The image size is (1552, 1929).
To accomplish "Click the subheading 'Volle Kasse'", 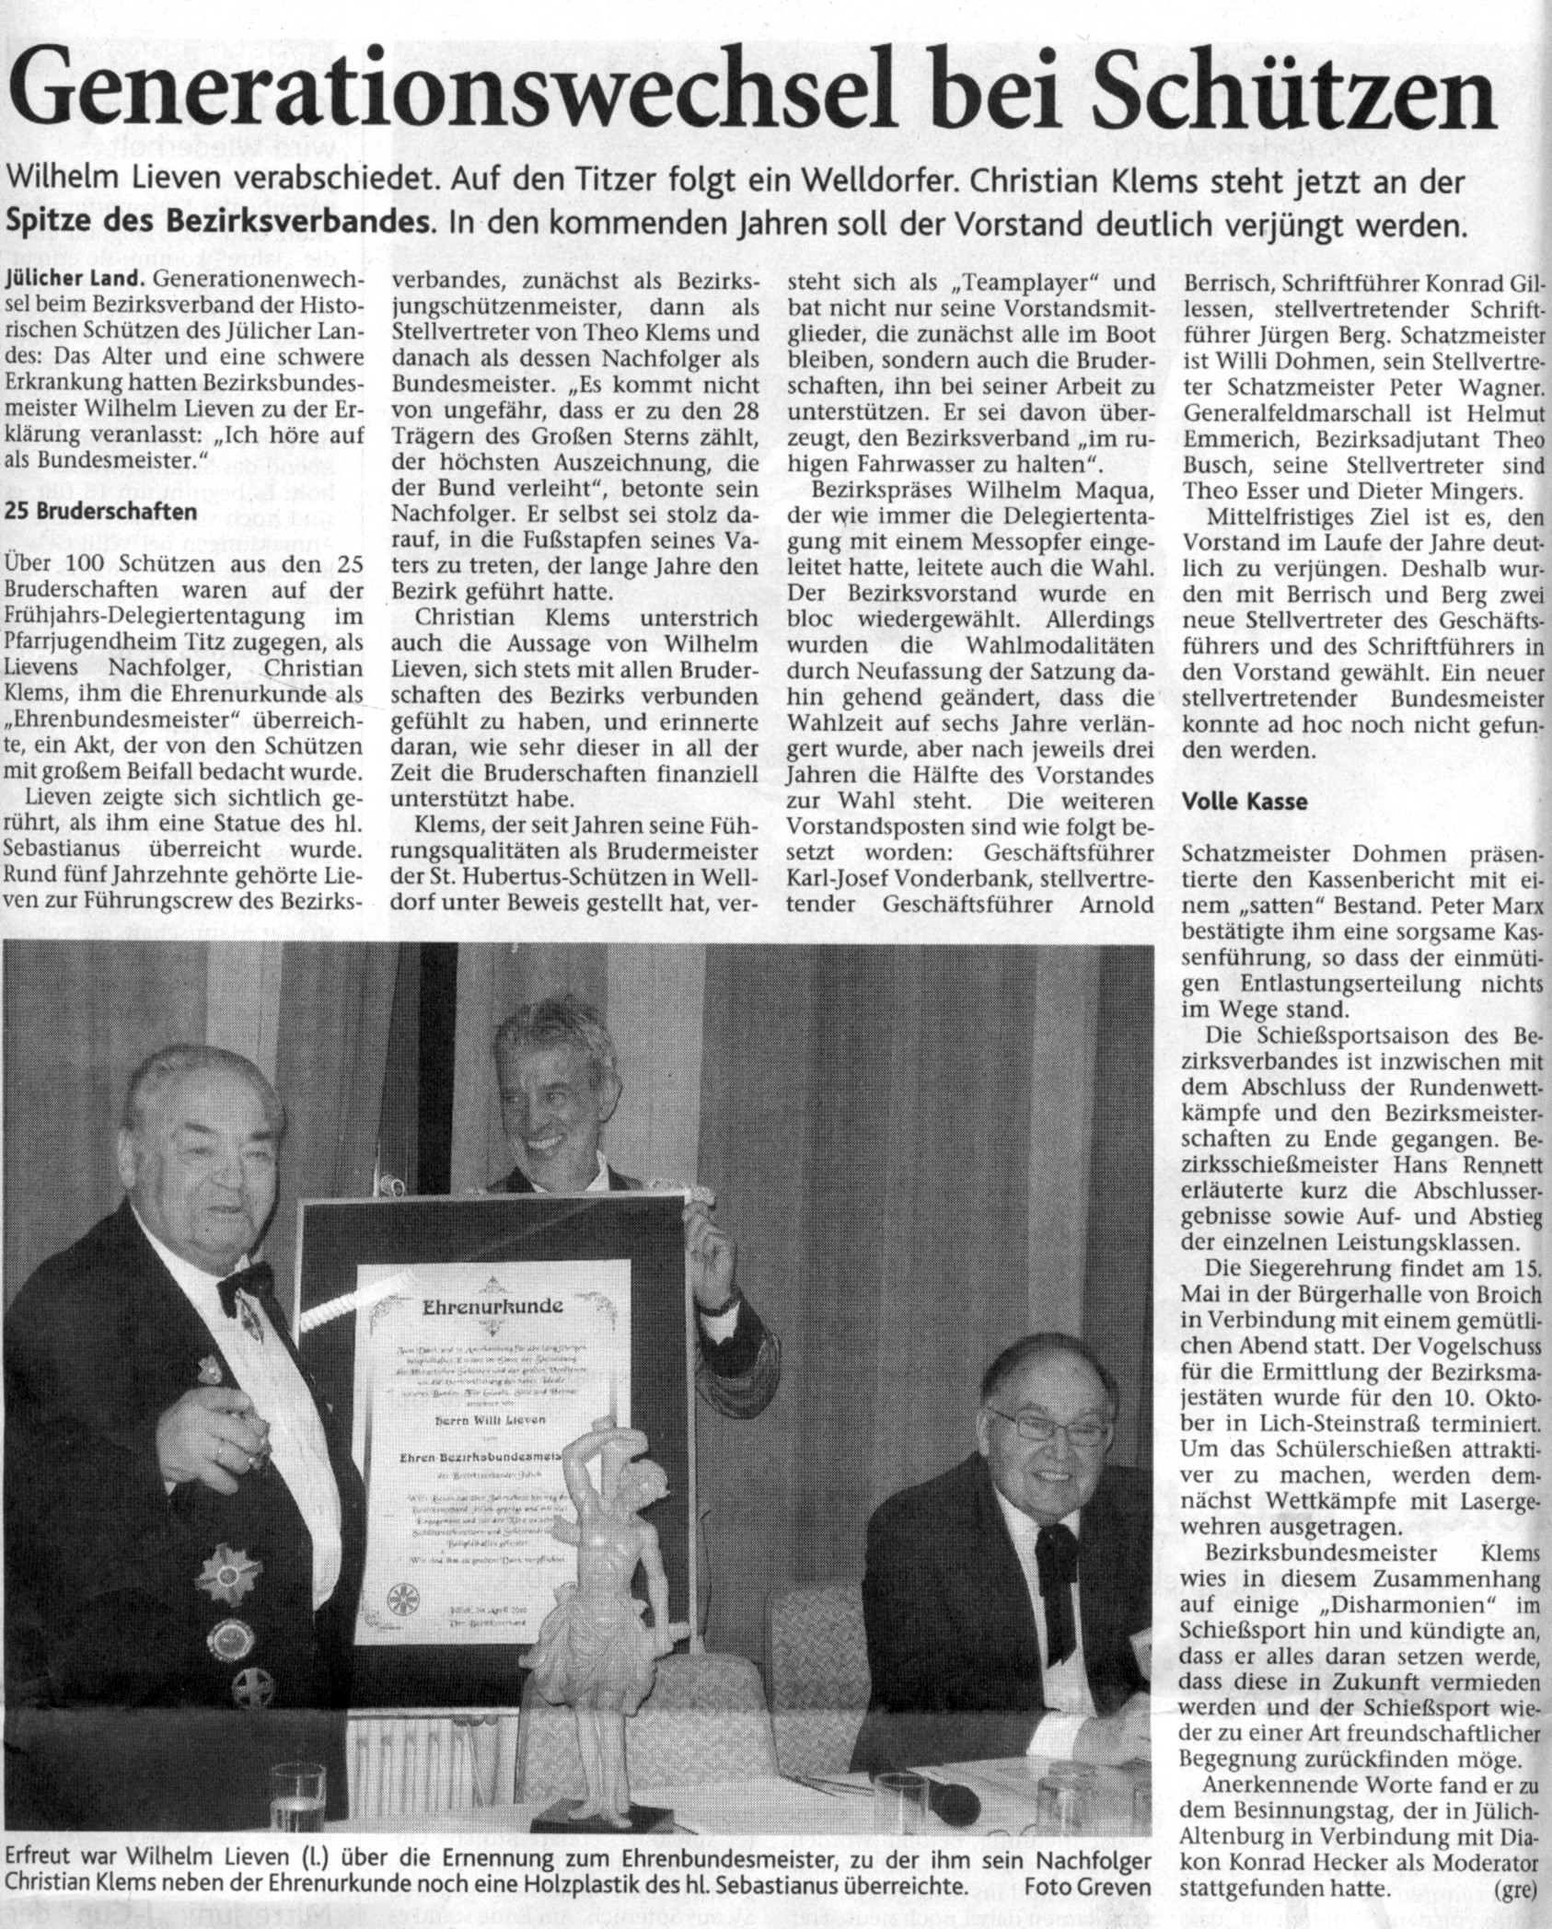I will [1244, 801].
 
